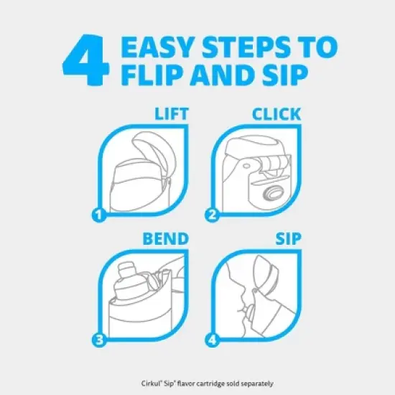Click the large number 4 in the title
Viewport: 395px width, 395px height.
86,60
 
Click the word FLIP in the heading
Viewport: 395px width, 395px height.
153,75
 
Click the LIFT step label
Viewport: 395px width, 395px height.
172,114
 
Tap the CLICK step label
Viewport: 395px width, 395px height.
276,114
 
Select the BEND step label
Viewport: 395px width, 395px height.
165,238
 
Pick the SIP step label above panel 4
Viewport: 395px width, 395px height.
288,238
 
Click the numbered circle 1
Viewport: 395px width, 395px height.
99,215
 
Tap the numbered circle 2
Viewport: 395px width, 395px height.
212,215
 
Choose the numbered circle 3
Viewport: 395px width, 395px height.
99,340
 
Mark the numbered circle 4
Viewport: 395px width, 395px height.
212,340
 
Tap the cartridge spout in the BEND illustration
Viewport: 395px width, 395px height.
126,269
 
